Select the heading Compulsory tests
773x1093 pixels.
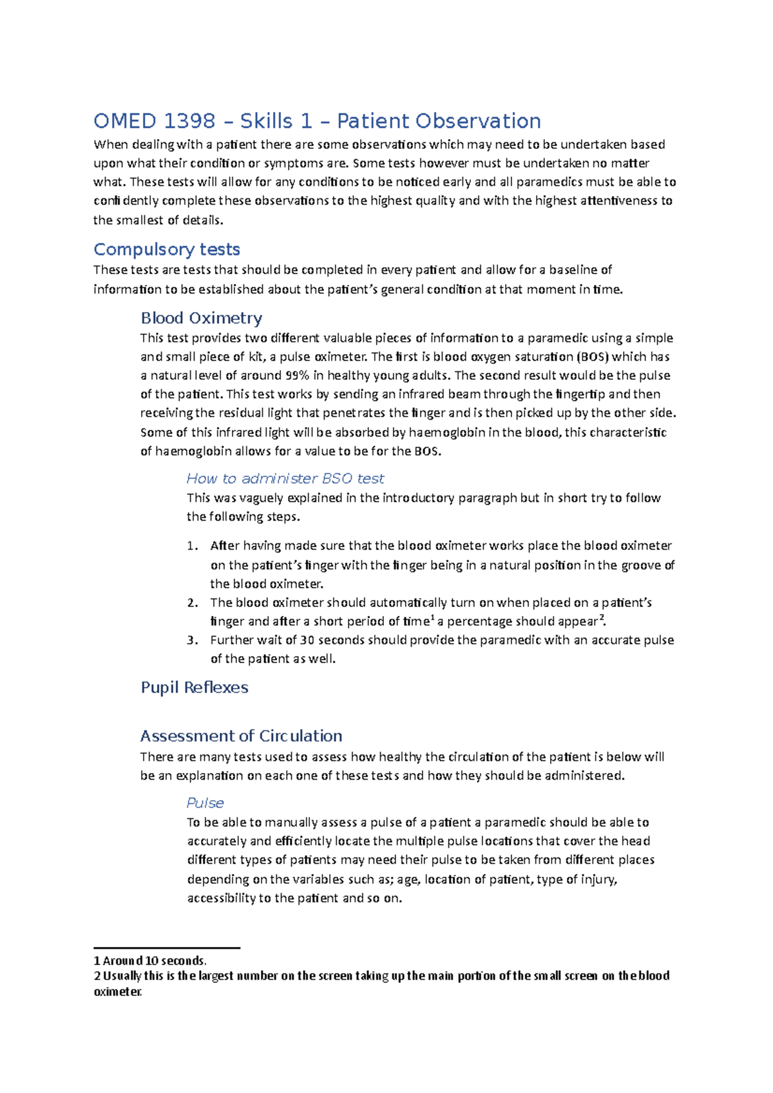(x=167, y=249)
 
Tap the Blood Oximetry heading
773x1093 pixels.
(x=201, y=318)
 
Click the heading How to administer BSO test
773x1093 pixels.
(x=285, y=478)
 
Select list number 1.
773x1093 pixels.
(x=192, y=546)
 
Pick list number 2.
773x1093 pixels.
(x=192, y=603)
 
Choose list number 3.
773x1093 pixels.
(x=192, y=640)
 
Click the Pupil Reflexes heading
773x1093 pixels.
(x=194, y=687)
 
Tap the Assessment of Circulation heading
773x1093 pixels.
(x=241, y=736)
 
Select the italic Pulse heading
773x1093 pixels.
(x=205, y=803)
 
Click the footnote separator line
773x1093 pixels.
(x=167, y=948)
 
